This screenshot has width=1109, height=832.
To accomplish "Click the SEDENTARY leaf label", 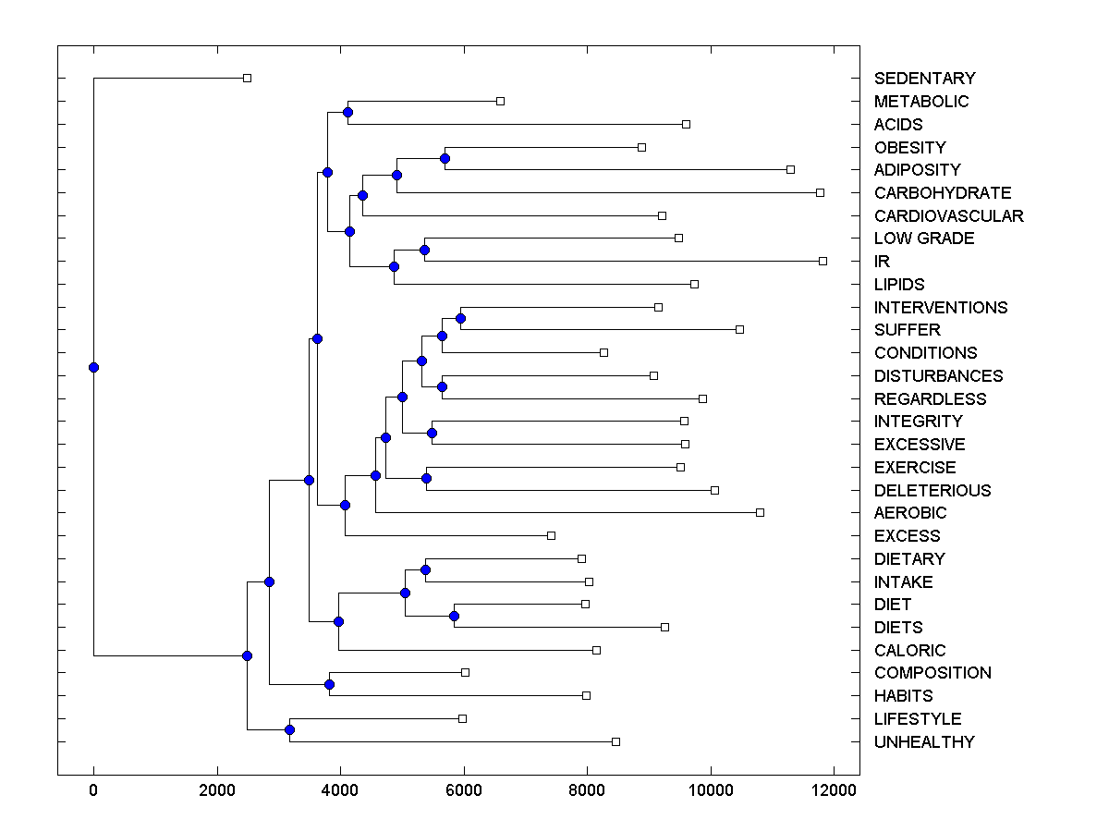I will click(924, 79).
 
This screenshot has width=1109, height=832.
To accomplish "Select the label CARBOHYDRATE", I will click(942, 193).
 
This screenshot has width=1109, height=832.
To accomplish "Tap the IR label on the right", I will click(882, 262).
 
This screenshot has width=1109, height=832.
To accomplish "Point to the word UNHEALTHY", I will click(923, 742).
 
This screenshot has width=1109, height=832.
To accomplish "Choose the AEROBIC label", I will click(909, 513).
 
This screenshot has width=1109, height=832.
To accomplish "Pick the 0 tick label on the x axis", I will click(93, 789).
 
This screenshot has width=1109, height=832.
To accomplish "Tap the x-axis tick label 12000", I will click(835, 789).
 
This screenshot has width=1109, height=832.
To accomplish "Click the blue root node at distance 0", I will click(93, 367).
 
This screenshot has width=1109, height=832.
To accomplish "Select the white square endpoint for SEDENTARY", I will click(247, 78).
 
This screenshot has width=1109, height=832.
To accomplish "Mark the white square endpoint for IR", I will click(823, 261).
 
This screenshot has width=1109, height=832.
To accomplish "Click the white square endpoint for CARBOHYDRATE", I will click(820, 192).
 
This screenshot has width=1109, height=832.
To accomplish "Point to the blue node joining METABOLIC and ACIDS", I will click(347, 113).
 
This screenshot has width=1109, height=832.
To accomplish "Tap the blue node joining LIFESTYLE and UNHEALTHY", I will click(289, 730).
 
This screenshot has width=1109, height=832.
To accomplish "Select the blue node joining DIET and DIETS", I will click(454, 616).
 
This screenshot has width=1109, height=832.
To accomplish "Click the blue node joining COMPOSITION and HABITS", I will click(329, 684).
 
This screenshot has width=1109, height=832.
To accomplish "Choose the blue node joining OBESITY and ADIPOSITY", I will click(445, 158).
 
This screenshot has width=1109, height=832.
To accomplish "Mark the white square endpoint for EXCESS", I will click(551, 535).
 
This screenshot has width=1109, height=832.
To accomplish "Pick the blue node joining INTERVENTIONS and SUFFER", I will click(461, 318).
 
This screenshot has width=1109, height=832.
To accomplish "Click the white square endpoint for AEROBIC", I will click(760, 512).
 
